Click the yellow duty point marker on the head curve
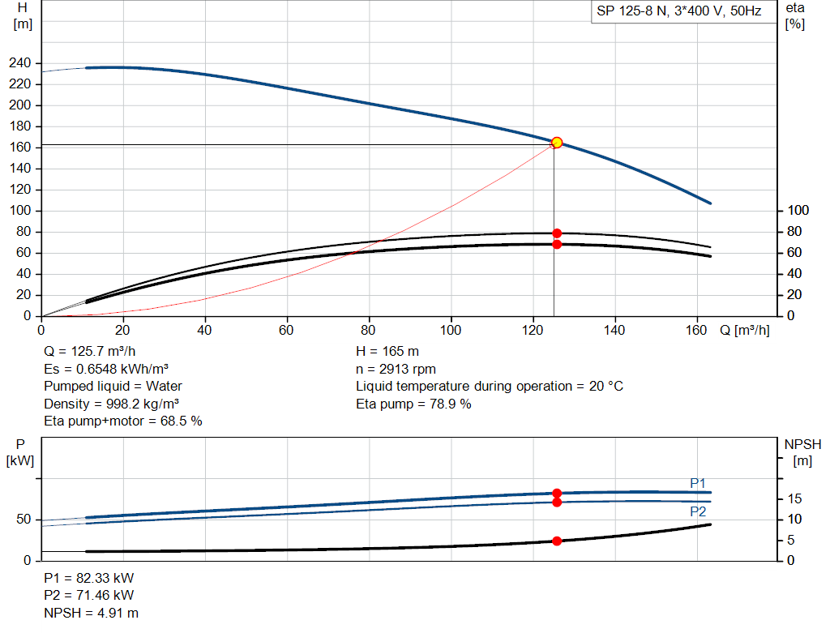click(x=557, y=143)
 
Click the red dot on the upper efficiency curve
click(x=557, y=233)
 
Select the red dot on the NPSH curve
click(x=557, y=541)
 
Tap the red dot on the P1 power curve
click(x=557, y=494)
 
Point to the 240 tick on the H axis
click(x=20, y=63)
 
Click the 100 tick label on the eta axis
click(x=798, y=210)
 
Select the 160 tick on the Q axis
click(x=696, y=330)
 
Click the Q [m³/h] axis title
click(x=745, y=330)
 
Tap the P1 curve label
click(x=698, y=483)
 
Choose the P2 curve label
click(x=698, y=511)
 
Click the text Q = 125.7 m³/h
click(x=90, y=352)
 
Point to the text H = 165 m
click(x=387, y=352)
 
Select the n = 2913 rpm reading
click(x=396, y=369)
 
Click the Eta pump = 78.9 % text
click(x=413, y=404)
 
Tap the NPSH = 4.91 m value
click(x=91, y=613)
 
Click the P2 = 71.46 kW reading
click(x=89, y=595)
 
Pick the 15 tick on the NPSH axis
click(x=794, y=498)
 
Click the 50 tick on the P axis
click(x=24, y=520)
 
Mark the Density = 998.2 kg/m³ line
click(x=112, y=404)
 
